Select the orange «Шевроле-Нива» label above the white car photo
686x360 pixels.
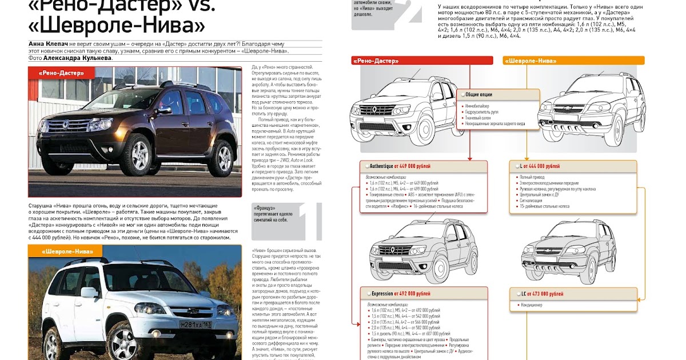click(65, 251)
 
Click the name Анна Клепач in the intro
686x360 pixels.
click(47, 44)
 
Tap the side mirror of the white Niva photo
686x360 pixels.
click(89, 293)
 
